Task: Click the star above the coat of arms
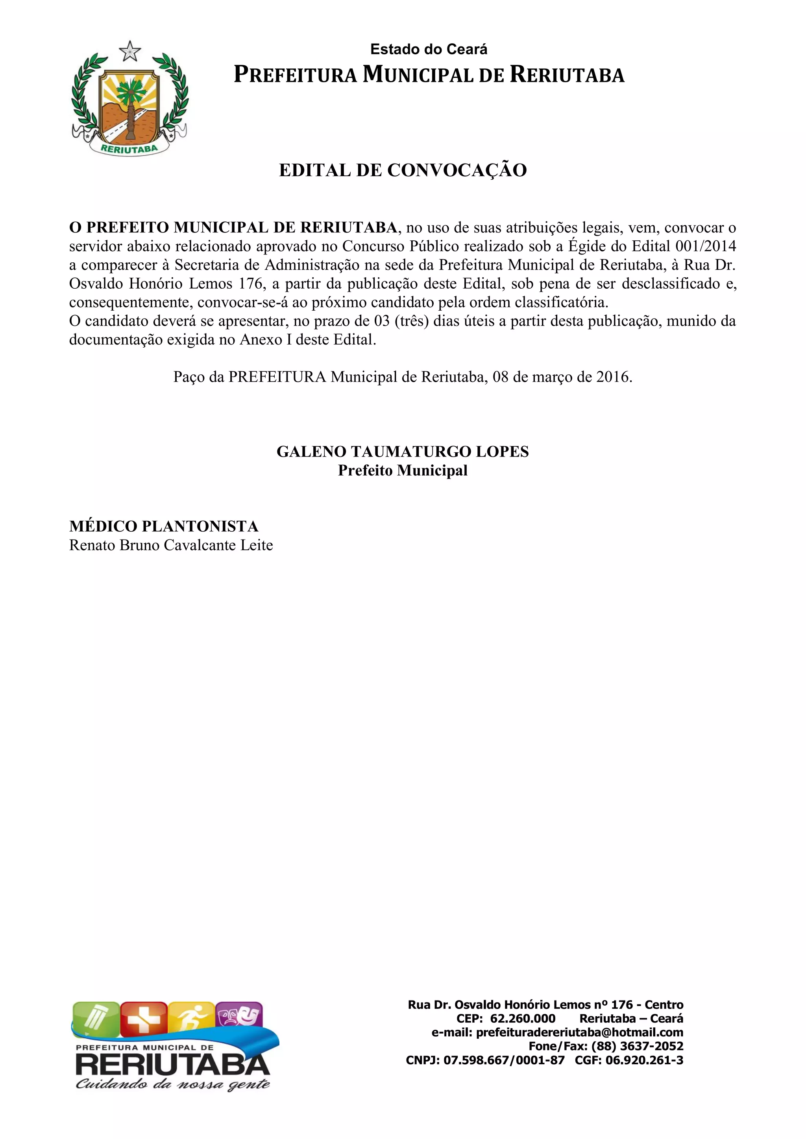coord(130,52)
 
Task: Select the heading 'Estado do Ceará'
coord(429,50)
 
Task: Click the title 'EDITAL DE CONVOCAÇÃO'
coord(403,170)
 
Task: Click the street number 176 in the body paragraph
coord(250,284)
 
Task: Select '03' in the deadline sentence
coord(382,321)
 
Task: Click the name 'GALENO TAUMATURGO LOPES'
coord(403,452)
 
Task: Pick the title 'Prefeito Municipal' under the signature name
coord(403,470)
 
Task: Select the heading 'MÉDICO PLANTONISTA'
coord(164,526)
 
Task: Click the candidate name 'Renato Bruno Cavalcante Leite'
coord(171,545)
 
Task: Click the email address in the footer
coord(579,1032)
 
